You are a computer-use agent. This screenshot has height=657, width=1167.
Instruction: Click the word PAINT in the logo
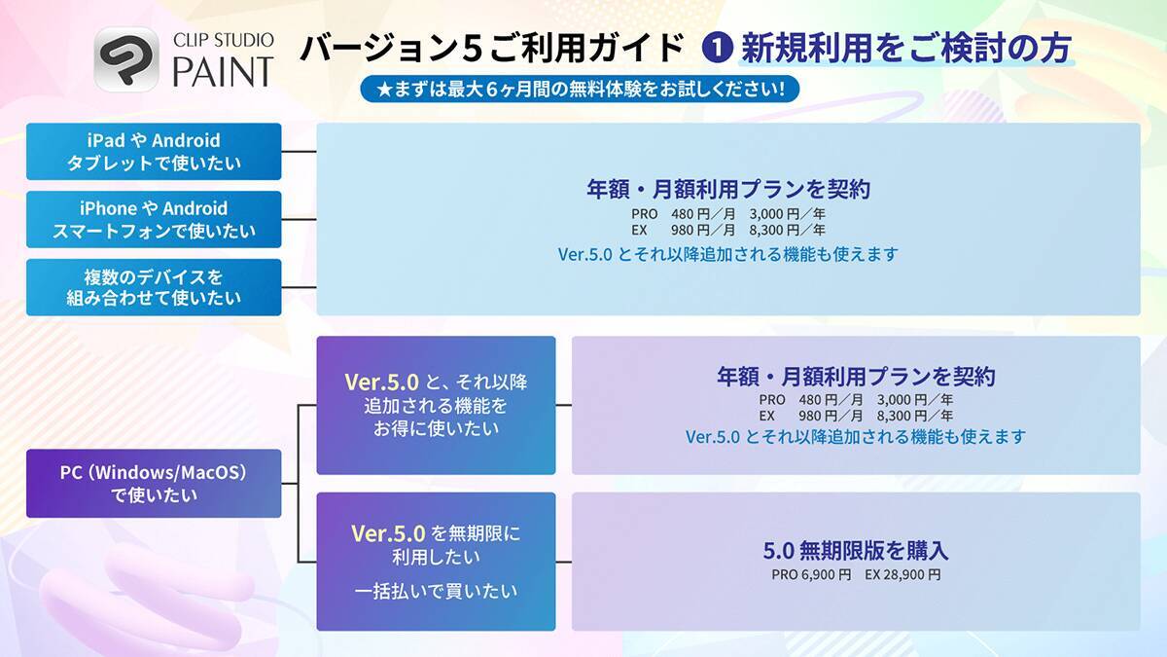(x=224, y=71)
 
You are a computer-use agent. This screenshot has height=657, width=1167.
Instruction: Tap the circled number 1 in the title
(x=717, y=47)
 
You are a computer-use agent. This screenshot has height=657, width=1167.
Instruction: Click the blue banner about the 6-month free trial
(x=580, y=90)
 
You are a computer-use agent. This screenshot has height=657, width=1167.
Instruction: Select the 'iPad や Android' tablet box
(x=154, y=152)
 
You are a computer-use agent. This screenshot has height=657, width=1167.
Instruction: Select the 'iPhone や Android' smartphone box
(x=154, y=219)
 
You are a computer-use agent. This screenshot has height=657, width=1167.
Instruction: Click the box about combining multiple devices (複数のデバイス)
(x=154, y=287)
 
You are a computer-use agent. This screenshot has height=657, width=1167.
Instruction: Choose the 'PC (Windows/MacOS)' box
(x=154, y=483)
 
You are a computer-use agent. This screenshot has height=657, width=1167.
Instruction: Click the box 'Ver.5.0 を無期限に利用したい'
(x=436, y=545)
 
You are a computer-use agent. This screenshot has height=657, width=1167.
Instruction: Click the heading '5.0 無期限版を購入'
(x=856, y=551)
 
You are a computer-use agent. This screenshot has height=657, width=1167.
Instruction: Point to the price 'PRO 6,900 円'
(x=811, y=574)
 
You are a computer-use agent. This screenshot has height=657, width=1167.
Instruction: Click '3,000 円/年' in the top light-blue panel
(x=788, y=214)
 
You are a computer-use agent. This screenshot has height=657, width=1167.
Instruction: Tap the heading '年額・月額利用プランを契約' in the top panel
(x=727, y=189)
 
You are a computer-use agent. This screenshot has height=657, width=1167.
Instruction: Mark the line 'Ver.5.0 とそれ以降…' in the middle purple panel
(x=856, y=437)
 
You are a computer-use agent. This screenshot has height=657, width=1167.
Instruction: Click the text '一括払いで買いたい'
(x=436, y=590)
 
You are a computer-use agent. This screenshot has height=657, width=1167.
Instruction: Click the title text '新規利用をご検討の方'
(x=904, y=47)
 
